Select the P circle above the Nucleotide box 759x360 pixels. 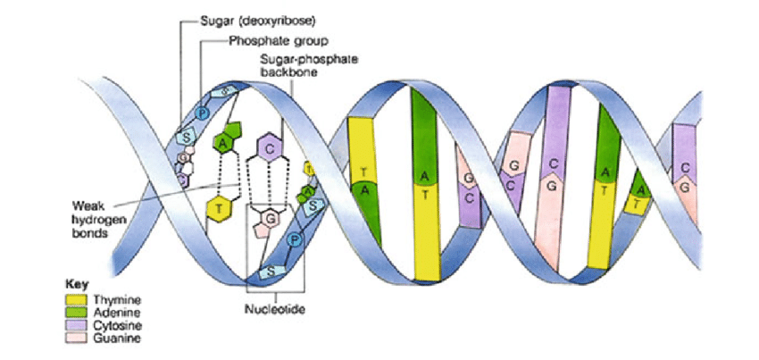296,240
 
